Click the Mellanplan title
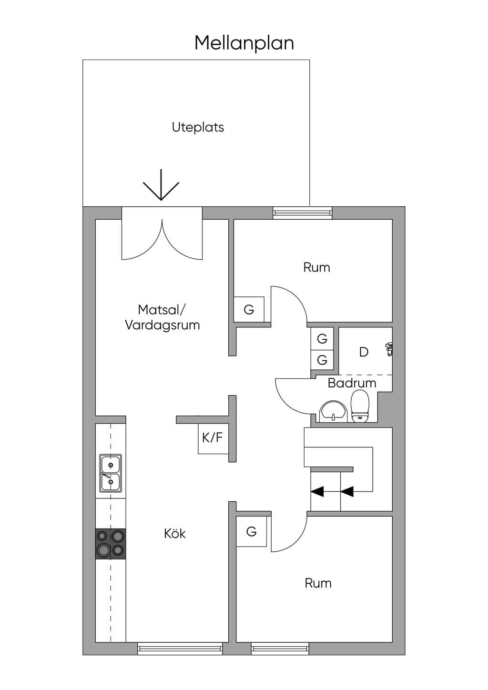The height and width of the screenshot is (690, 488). pos(244,43)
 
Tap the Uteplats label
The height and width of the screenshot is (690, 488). pos(198,127)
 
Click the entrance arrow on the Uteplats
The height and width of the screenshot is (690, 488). pos(161,185)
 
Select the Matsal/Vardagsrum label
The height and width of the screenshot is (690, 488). pos(163,317)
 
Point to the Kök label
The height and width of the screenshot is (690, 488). pos(175,534)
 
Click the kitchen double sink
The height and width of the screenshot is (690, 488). pos(110,473)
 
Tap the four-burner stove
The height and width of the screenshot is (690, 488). pos(111,544)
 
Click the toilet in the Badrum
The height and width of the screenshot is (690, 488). pos(360,406)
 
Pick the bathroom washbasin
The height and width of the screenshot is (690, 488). pos(333,411)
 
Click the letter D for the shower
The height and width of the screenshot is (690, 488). pos(364,352)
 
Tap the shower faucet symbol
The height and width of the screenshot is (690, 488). pos(389,349)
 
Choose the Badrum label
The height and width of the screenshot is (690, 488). pos(352,383)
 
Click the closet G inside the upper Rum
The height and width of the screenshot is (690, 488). pos(249,309)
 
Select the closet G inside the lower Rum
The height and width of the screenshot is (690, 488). pos(252,531)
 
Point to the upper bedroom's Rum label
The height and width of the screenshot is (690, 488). pos(317,267)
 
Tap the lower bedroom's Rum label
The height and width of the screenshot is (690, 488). pos(318,583)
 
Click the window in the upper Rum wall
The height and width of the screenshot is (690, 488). pos(303,213)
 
